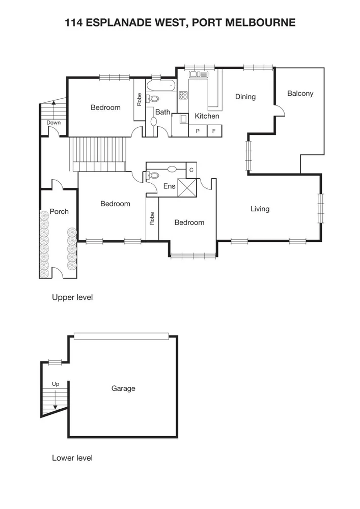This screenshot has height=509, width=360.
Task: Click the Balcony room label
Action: click(x=300, y=94)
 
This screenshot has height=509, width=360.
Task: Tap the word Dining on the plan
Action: click(x=245, y=97)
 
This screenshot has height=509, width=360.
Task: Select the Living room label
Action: click(x=260, y=209)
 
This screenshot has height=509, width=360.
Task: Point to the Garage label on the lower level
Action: click(x=123, y=388)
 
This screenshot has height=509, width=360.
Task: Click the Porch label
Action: click(x=59, y=212)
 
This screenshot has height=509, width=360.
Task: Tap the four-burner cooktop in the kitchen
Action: click(x=183, y=95)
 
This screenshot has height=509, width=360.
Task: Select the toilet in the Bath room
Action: click(x=153, y=99)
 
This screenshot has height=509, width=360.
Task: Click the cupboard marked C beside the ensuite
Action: click(x=191, y=170)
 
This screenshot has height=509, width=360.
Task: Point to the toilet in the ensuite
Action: click(x=153, y=176)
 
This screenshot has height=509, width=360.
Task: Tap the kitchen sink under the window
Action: click(x=199, y=75)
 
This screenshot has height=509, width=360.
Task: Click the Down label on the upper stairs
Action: click(x=53, y=123)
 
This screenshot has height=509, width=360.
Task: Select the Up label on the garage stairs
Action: click(x=56, y=384)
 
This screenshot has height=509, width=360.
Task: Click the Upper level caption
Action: click(x=72, y=297)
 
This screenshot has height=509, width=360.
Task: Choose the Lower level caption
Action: click(x=72, y=458)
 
